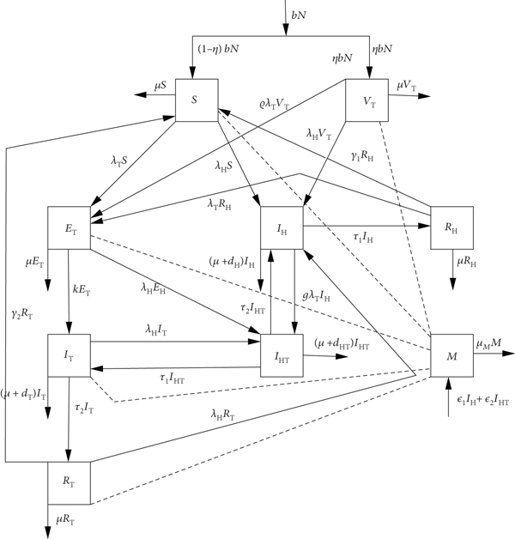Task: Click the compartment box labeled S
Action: [196, 100]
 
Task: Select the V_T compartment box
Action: [367, 100]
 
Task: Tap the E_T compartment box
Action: [69, 227]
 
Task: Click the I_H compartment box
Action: [283, 227]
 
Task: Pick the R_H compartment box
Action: [451, 227]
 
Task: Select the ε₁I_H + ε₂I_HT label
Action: [481, 401]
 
